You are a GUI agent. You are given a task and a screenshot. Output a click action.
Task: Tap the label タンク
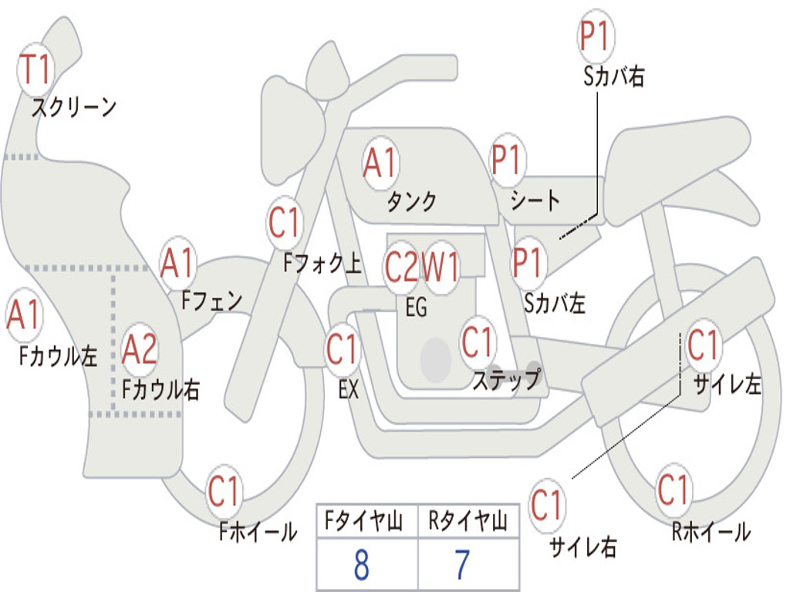click(x=411, y=202)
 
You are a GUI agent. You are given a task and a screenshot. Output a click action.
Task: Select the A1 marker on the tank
click(x=380, y=163)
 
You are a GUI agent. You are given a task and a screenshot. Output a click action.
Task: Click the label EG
click(x=416, y=308)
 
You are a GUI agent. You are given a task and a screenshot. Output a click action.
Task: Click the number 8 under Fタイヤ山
click(x=361, y=566)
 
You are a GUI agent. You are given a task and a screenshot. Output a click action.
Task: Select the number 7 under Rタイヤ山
click(x=461, y=566)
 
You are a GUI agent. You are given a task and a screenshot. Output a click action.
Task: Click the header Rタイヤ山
click(x=468, y=523)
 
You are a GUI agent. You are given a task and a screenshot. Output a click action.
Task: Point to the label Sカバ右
click(x=614, y=77)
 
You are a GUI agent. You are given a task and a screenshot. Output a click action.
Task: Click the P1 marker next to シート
click(x=507, y=160)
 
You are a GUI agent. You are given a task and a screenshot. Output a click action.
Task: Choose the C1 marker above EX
click(x=343, y=349)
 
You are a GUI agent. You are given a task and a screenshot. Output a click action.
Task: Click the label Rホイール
click(x=711, y=531)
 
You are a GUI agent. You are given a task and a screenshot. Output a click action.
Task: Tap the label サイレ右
click(x=583, y=547)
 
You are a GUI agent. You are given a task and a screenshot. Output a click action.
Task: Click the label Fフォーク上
click(x=322, y=264)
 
